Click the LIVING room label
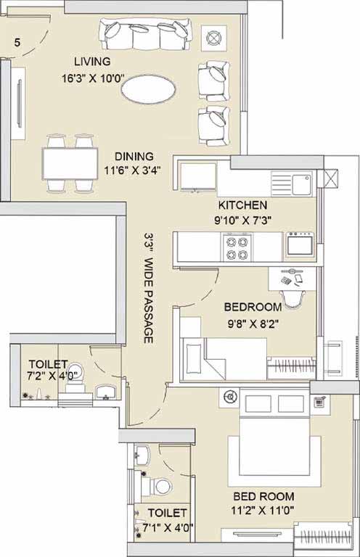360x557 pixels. pyautogui.click(x=92, y=62)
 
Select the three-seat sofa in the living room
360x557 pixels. pyautogui.click(x=145, y=35)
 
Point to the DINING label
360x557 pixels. pyautogui.click(x=134, y=157)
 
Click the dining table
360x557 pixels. pyautogui.click(x=70, y=164)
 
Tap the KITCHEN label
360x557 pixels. pyautogui.click(x=242, y=205)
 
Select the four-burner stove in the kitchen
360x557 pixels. pyautogui.click(x=237, y=247)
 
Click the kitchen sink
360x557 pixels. pyautogui.click(x=303, y=183)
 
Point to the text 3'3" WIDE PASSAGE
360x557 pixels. pyautogui.click(x=149, y=288)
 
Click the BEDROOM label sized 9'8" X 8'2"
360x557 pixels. pyautogui.click(x=253, y=307)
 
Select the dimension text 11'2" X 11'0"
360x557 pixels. pyautogui.click(x=263, y=511)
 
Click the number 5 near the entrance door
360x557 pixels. pyautogui.click(x=17, y=43)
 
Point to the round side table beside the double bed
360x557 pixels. pyautogui.click(x=229, y=397)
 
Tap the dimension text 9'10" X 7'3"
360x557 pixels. pyautogui.click(x=242, y=220)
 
